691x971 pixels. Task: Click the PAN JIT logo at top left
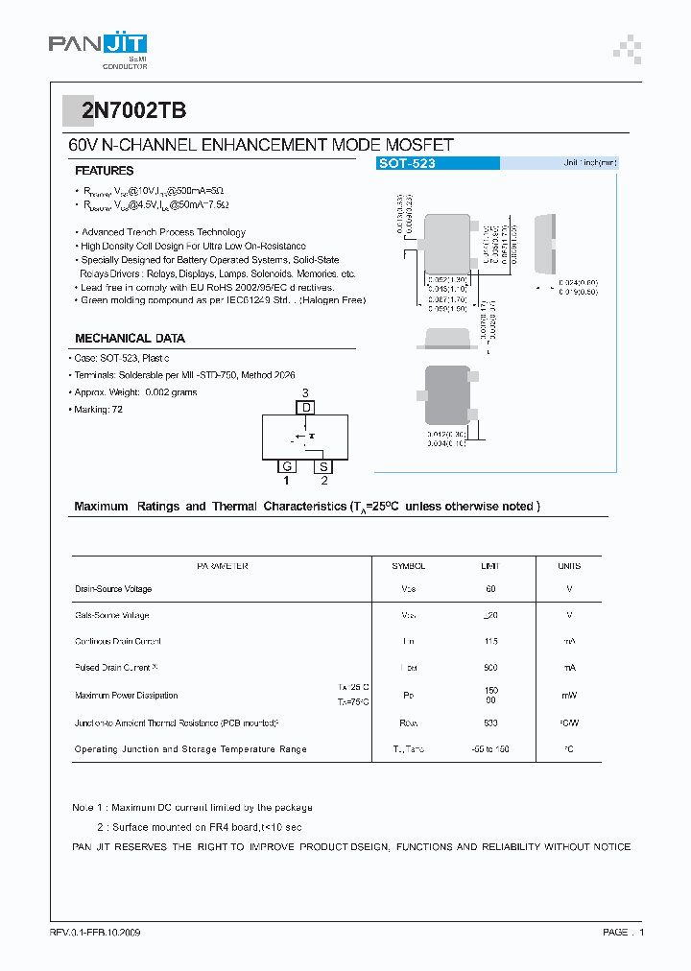click(x=97, y=47)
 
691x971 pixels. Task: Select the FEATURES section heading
click(x=105, y=170)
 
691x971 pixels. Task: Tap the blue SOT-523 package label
click(x=407, y=164)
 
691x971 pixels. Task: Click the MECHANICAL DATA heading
click(x=130, y=338)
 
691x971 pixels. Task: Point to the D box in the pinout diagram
click(x=306, y=408)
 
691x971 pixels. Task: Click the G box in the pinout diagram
click(x=286, y=466)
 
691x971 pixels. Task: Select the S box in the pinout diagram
click(x=324, y=466)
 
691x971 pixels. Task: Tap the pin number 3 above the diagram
click(x=305, y=393)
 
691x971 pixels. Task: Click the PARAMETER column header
click(x=223, y=566)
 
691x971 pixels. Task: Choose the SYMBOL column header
click(x=408, y=566)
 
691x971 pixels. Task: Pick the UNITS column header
click(x=569, y=566)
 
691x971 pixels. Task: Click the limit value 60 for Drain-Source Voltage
click(x=490, y=589)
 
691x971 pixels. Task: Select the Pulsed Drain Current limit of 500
click(x=490, y=667)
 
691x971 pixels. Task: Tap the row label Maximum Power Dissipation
click(x=127, y=695)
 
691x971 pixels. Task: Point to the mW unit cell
click(x=569, y=696)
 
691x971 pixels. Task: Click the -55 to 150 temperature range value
click(x=490, y=748)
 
